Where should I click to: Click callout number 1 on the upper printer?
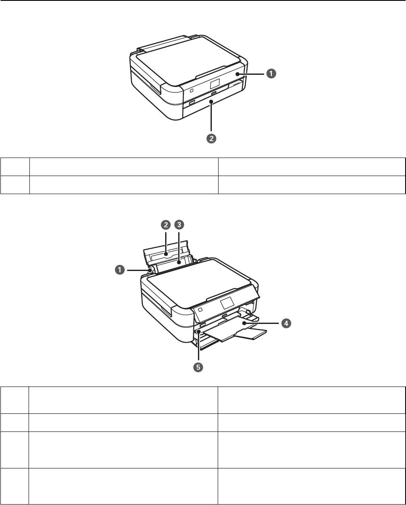click(271, 74)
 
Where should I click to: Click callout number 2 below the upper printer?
click(211, 139)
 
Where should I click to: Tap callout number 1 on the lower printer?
click(120, 270)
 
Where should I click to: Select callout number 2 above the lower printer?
click(166, 225)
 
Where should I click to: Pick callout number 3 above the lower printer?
click(179, 225)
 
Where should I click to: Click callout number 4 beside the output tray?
click(286, 324)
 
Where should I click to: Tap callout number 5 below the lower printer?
click(198, 367)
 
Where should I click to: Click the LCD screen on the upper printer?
click(214, 83)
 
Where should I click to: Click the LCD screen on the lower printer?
click(227, 303)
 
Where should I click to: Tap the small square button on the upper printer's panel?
click(191, 90)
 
